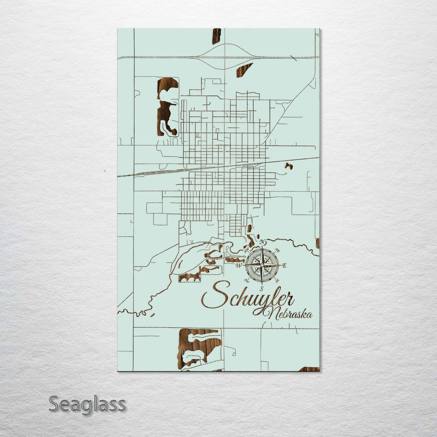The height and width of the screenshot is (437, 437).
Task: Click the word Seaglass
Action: (87, 404)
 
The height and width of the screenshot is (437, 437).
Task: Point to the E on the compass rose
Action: (284, 266)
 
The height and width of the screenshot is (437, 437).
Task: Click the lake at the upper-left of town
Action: (165, 106)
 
